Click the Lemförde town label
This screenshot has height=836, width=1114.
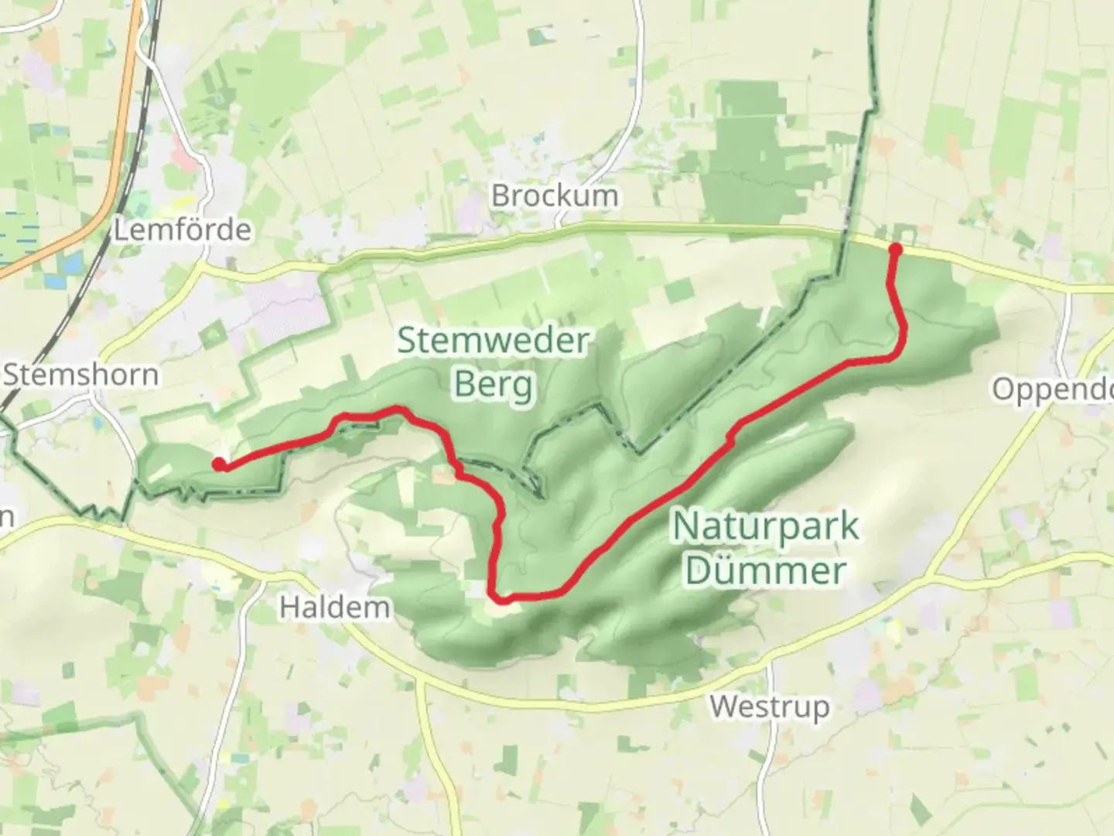(x=183, y=230)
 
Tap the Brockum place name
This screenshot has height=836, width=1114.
(x=555, y=195)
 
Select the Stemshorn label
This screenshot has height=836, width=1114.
(x=81, y=375)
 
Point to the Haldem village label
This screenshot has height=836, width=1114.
(x=334, y=607)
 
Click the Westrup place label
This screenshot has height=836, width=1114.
(x=769, y=706)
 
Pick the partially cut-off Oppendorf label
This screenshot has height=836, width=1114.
(x=1053, y=389)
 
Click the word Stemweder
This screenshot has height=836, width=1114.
(x=493, y=341)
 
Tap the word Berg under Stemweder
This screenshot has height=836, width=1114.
(x=493, y=384)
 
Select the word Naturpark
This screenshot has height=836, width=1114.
(x=765, y=527)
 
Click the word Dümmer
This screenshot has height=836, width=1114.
(x=764, y=571)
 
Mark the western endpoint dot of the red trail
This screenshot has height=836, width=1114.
(x=220, y=464)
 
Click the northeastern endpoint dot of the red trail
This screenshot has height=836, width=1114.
(x=896, y=249)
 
